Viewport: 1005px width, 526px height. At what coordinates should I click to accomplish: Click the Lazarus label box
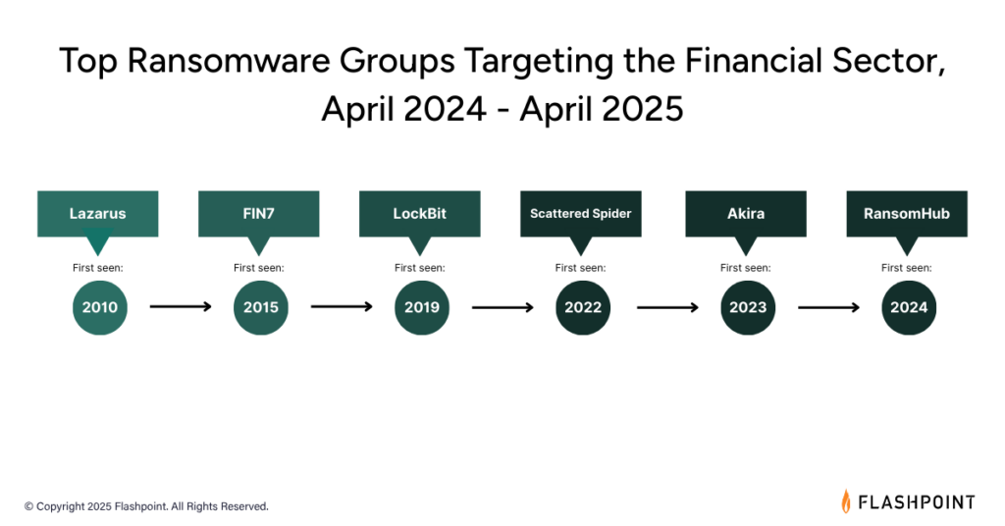[97, 214]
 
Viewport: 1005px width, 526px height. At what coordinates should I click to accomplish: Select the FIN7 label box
[258, 214]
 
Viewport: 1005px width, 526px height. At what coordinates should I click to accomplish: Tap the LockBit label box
[419, 214]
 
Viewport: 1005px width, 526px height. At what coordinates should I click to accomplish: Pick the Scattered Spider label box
[581, 214]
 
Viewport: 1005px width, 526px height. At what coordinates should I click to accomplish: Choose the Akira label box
[746, 214]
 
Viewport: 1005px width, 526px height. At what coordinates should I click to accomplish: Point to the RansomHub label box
[906, 214]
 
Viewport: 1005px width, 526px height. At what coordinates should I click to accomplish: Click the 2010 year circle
[100, 307]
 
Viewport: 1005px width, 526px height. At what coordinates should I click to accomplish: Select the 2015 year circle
[261, 307]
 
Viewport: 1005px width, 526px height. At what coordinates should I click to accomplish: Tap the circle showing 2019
[422, 307]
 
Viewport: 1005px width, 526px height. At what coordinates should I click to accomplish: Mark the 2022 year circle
[583, 307]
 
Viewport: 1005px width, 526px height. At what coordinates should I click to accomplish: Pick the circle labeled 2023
[748, 307]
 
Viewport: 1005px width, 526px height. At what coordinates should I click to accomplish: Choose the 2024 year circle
[909, 307]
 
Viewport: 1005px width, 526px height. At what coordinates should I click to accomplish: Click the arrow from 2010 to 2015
[181, 307]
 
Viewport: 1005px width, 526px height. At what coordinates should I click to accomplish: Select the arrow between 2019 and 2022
[503, 307]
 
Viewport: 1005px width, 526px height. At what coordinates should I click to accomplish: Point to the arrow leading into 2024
[828, 307]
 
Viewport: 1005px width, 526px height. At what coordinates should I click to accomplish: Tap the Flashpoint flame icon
[846, 501]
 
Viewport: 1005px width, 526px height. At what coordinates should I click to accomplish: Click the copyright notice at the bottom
[146, 506]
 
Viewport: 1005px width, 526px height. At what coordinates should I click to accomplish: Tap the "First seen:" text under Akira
[746, 268]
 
